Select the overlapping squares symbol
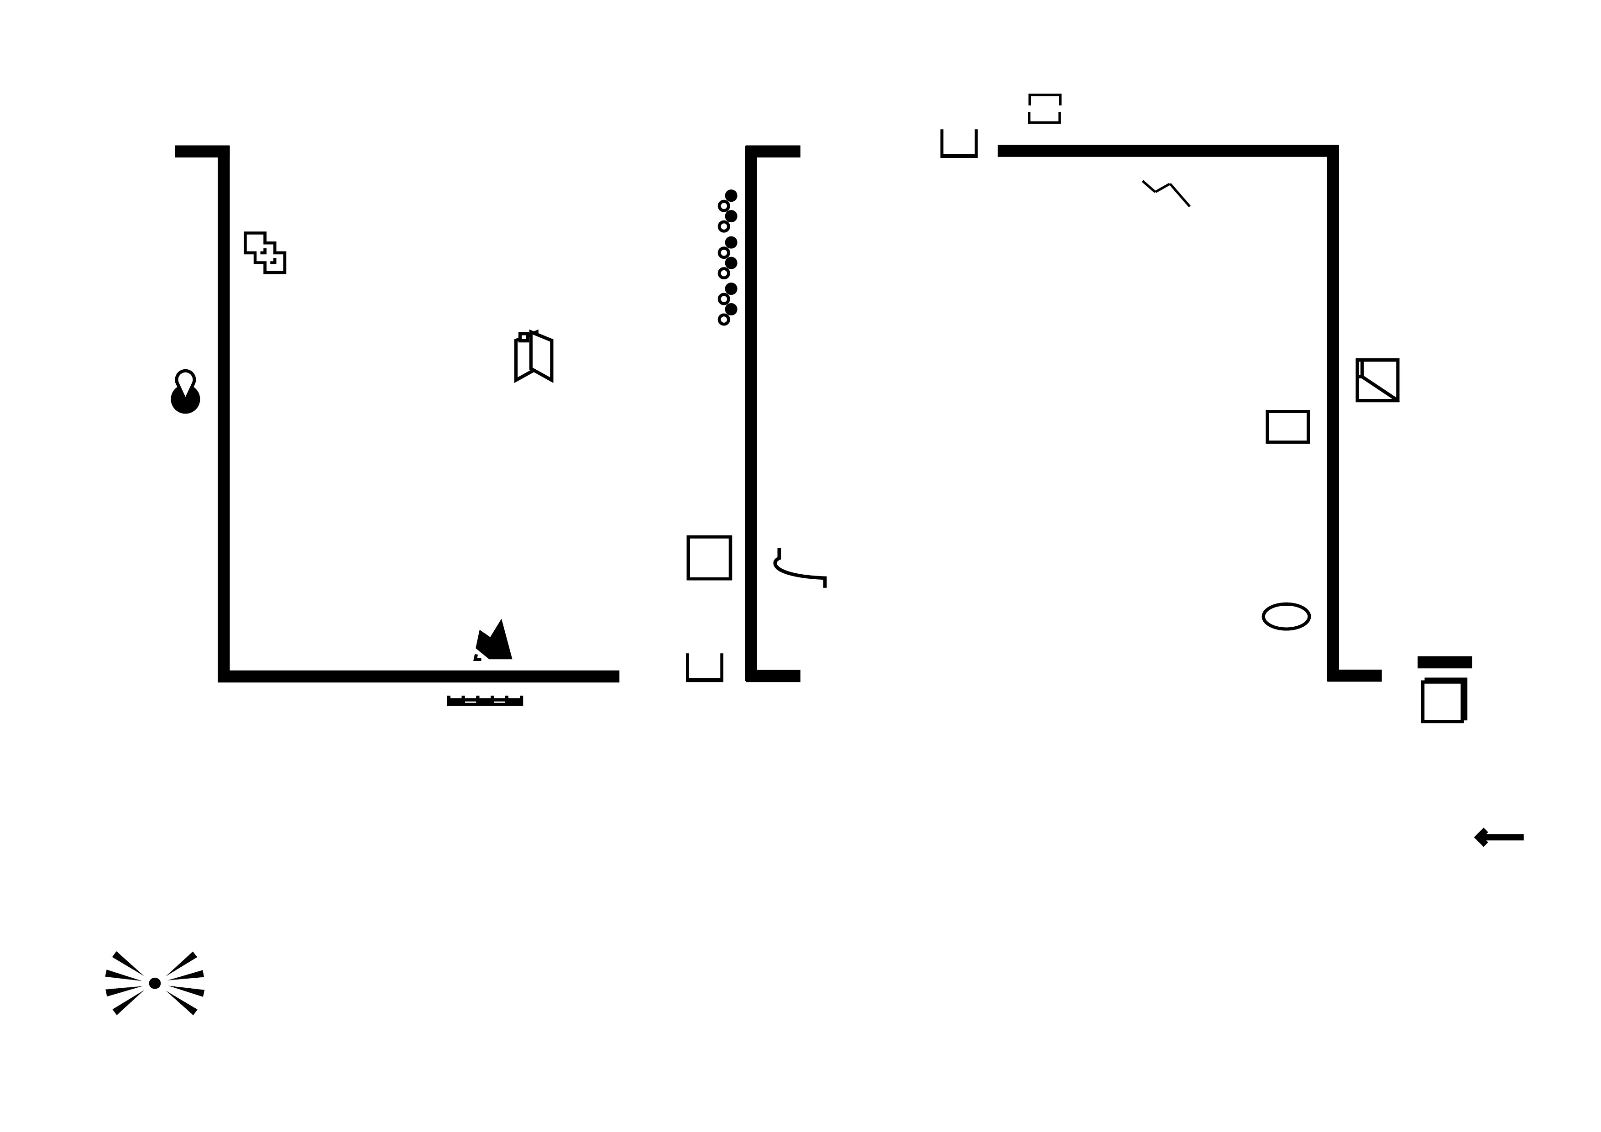(265, 252)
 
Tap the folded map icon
(534, 356)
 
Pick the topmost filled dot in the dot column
(731, 196)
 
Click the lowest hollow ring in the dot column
(724, 320)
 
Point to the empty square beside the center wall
(709, 557)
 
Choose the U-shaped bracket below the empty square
(704, 668)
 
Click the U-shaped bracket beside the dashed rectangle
(959, 144)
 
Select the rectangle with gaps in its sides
(1045, 109)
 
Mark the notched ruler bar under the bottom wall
(485, 701)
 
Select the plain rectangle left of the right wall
(1287, 427)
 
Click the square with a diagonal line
(1377, 380)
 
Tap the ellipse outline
(1286, 617)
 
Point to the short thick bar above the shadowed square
(1444, 662)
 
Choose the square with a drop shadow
(1444, 700)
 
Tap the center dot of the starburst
(155, 984)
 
